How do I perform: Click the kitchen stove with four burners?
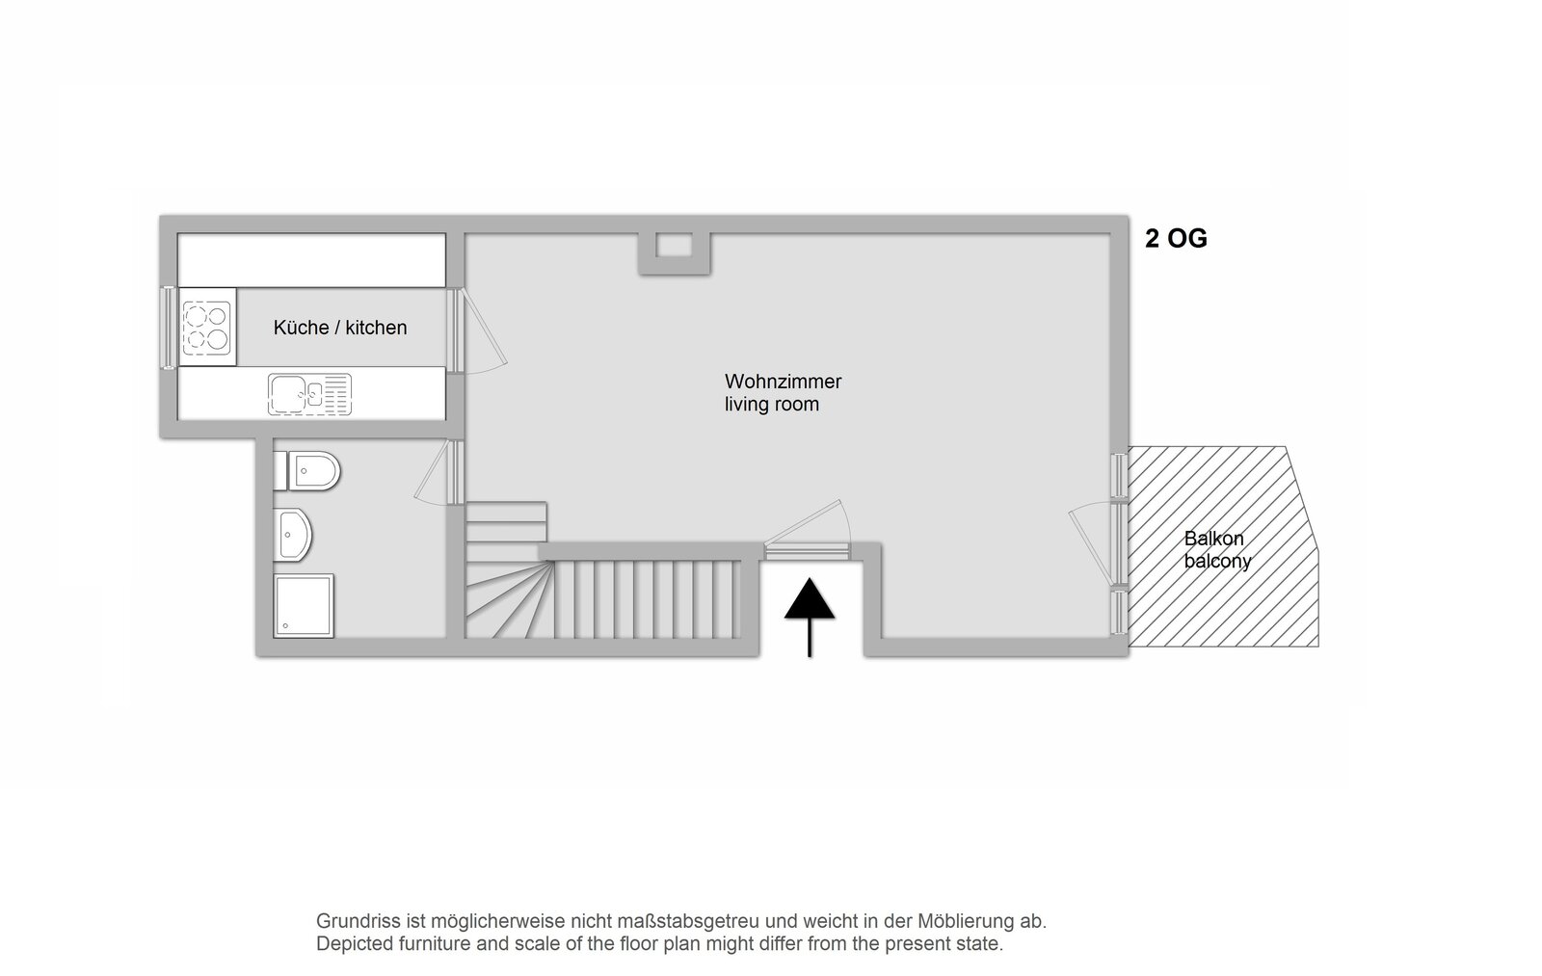(x=206, y=327)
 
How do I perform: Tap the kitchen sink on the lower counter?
(x=309, y=394)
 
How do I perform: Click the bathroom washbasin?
(x=293, y=535)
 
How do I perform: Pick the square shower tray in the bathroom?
(x=304, y=606)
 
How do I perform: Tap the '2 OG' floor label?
(x=1176, y=239)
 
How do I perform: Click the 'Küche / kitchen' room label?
(x=340, y=328)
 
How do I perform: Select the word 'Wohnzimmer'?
(x=783, y=382)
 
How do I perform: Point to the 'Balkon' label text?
(x=1213, y=539)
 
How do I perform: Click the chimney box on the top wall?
(x=674, y=251)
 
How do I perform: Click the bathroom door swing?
(x=435, y=472)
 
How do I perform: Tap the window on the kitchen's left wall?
(x=168, y=328)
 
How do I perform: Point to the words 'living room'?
(x=772, y=404)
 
